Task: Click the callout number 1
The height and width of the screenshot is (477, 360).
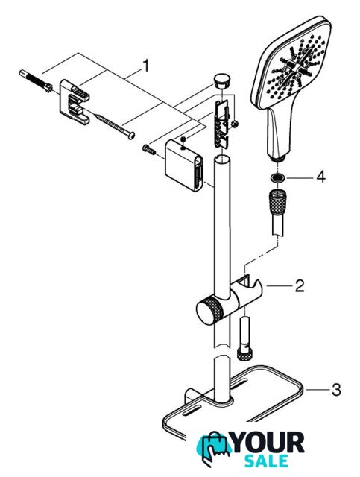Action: pos(146,66)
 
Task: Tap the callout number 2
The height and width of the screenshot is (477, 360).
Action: pos(300,286)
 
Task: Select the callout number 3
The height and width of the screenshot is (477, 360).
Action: pos(336,390)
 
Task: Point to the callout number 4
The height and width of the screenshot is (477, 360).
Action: pos(320,177)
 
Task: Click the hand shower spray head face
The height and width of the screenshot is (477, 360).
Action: pos(291,61)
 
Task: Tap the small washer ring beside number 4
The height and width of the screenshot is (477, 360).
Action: pos(277,177)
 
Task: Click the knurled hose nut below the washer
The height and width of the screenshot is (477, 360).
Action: pos(277,202)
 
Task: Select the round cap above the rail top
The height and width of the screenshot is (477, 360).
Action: pos(222,80)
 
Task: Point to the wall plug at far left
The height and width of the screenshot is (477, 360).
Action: pos(36,80)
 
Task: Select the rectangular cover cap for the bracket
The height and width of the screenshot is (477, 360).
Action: pos(183,165)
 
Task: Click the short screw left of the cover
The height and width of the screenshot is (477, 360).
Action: pos(149,149)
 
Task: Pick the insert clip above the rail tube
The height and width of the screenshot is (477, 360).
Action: pos(223,124)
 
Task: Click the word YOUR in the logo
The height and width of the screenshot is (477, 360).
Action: pos(268,443)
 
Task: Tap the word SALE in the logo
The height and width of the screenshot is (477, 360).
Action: pos(266,461)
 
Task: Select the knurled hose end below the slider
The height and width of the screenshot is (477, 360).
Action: pos(244,355)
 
